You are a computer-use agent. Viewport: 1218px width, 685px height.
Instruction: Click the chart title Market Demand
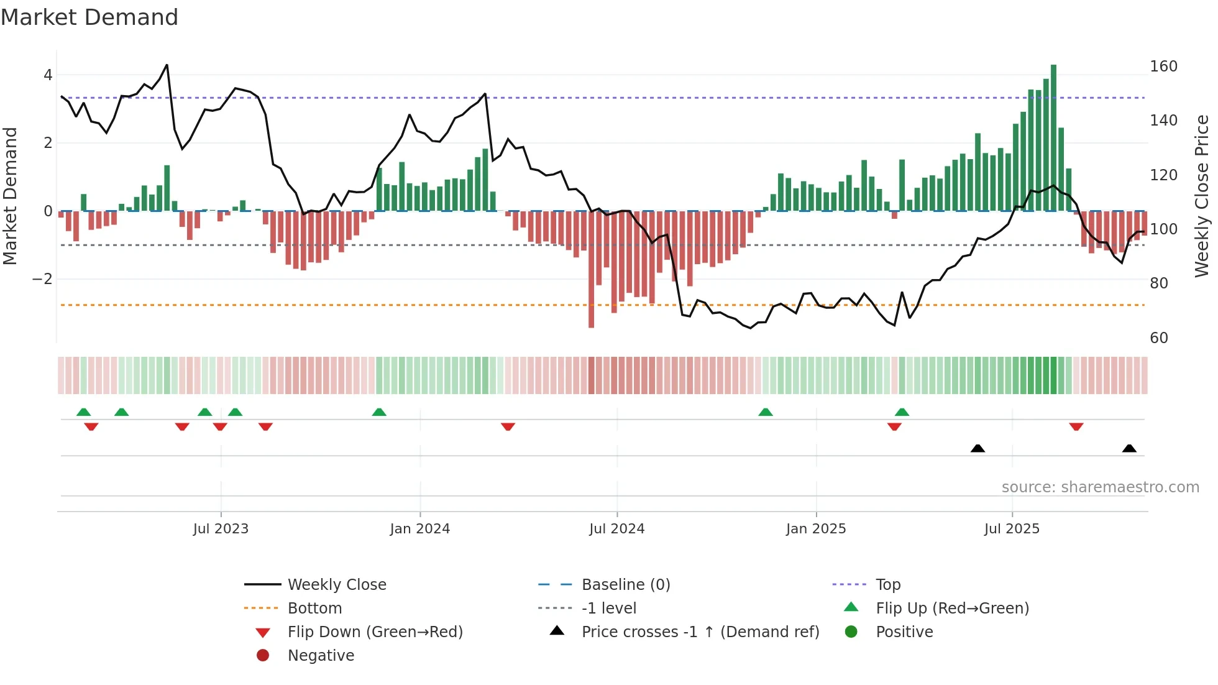click(89, 17)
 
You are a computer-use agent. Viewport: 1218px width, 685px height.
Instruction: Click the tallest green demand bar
click(1053, 137)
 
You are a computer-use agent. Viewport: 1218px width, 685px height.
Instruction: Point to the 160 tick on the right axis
click(1163, 67)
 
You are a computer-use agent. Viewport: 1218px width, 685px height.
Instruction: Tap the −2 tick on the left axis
click(42, 279)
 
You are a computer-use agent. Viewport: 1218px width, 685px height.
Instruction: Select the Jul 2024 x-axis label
click(616, 529)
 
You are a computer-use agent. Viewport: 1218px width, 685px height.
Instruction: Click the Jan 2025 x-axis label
click(815, 529)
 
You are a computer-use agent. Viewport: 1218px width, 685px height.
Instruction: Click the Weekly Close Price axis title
click(1202, 196)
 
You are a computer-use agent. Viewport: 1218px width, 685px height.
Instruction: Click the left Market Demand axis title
click(11, 196)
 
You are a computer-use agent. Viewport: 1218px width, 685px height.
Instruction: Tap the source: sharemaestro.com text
click(1100, 487)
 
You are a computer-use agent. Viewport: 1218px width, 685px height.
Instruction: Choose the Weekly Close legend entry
click(336, 585)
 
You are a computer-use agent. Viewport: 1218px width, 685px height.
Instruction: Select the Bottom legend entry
click(314, 609)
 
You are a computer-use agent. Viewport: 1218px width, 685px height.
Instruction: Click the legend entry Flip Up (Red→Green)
click(952, 609)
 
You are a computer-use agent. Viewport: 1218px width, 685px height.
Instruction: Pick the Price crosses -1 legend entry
click(700, 632)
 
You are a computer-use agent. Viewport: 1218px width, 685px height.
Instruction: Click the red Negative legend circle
click(263, 656)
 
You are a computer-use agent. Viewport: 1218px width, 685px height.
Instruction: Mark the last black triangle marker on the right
click(1129, 449)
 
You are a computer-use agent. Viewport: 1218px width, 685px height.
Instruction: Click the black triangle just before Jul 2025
click(978, 449)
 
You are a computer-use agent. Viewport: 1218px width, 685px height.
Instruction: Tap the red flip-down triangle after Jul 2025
click(1076, 426)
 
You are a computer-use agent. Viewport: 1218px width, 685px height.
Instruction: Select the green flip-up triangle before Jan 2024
click(379, 412)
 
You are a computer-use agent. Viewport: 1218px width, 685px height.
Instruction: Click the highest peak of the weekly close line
click(167, 65)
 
